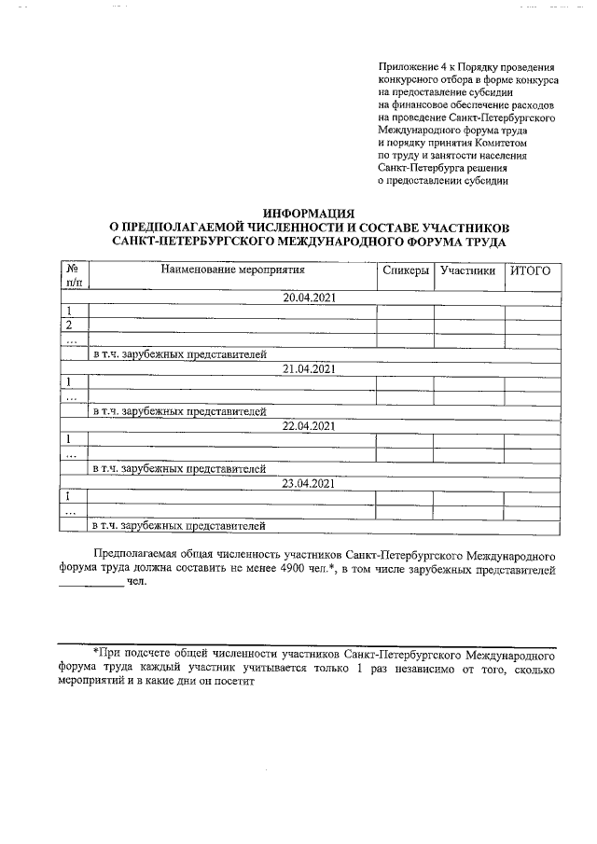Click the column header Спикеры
coord(406,271)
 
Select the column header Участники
coord(467,271)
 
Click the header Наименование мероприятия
coord(233,271)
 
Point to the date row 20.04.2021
coord(309,297)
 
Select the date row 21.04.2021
coord(309,369)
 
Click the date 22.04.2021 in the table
coord(309,426)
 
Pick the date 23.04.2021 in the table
coord(309,483)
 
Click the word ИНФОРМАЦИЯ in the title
coord(309,214)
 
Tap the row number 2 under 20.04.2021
coord(68,325)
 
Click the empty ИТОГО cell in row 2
coord(533,325)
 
